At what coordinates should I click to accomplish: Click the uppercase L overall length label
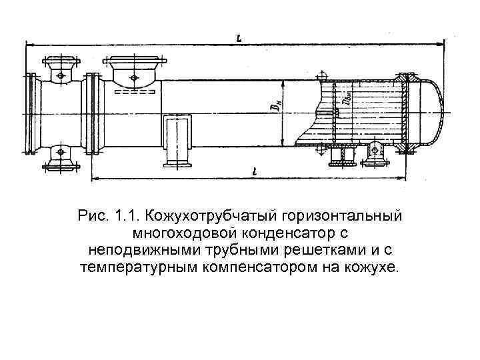coord(238,38)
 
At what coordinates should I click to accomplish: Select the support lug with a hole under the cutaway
coord(376,153)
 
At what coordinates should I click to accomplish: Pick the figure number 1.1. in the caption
coord(127,217)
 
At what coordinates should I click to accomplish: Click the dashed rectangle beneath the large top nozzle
coord(133,91)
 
